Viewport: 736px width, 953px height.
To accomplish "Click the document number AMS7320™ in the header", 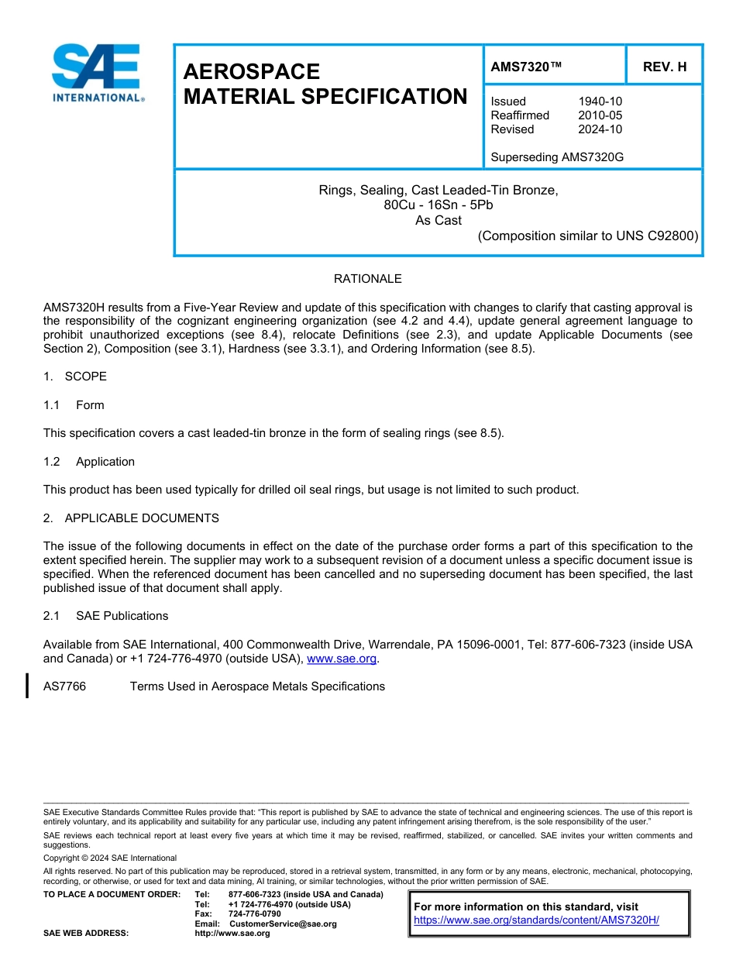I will (526, 67).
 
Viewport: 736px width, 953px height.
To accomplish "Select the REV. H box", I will (665, 67).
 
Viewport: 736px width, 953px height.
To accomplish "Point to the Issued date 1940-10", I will (600, 101).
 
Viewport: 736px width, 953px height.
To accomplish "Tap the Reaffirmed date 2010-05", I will (600, 115).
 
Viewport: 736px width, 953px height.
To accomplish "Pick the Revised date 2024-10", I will (600, 129).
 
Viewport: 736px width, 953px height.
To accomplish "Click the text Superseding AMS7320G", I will (557, 157).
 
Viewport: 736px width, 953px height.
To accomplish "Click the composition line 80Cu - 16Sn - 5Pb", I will (438, 205).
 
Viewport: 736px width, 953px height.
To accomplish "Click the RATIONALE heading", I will (367, 279).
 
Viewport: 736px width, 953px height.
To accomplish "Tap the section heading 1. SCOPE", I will (75, 377).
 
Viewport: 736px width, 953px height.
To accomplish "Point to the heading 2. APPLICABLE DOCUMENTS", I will (131, 518).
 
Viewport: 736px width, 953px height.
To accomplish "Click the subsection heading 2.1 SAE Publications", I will (106, 616).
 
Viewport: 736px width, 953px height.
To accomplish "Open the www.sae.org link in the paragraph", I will (342, 659).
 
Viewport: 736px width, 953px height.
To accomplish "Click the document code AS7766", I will (64, 686).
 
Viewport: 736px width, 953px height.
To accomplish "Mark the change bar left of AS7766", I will (27, 686).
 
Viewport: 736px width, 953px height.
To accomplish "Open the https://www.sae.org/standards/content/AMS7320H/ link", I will (536, 920).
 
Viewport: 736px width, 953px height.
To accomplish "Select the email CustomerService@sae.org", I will (283, 924).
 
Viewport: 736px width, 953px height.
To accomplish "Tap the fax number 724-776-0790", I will (254, 914).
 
